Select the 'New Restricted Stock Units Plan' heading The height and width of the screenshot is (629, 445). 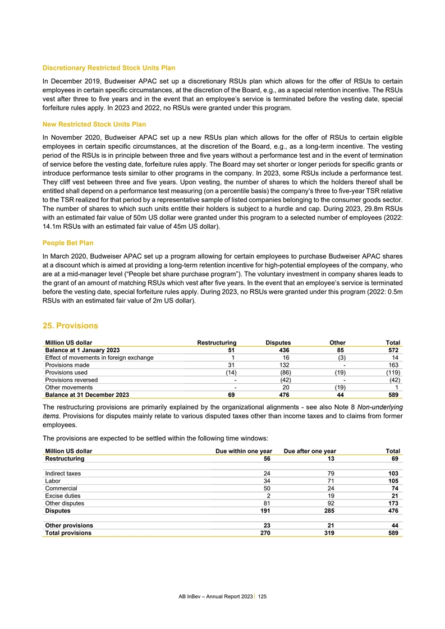coord(94,123)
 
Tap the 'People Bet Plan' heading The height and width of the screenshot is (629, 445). coord(68,243)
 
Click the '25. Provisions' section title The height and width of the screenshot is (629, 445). coord(70,325)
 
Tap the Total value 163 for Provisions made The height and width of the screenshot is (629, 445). coord(394,365)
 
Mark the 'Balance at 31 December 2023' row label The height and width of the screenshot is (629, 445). coord(84,394)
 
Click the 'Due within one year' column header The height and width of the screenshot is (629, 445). coord(245,451)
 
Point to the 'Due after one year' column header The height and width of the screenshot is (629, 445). coord(310,451)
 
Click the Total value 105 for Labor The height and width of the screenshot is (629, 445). coord(393,481)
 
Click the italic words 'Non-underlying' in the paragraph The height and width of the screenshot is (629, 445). coord(379,407)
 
